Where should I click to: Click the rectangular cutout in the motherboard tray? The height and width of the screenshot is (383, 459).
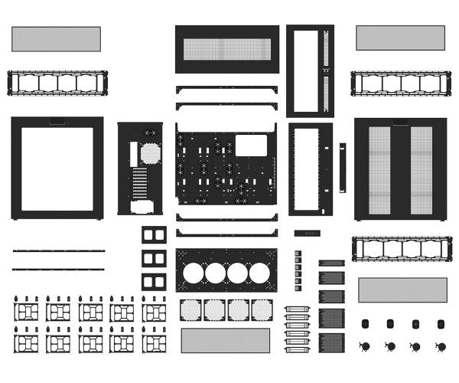(x=251, y=145)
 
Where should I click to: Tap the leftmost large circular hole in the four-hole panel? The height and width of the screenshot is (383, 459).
(x=194, y=272)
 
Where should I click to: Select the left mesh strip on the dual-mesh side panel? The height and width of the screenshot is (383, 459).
(x=379, y=169)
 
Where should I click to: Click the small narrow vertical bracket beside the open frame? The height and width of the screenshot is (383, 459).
(x=343, y=168)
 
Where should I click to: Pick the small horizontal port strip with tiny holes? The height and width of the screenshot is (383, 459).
(x=307, y=233)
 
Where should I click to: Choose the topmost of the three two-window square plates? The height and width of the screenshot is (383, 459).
(x=154, y=234)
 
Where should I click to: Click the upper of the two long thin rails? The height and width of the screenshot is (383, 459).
(x=58, y=250)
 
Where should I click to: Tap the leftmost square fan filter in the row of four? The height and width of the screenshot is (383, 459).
(x=190, y=309)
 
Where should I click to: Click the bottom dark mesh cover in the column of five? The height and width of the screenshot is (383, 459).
(x=331, y=342)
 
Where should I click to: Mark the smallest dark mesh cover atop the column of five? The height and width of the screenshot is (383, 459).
(x=331, y=263)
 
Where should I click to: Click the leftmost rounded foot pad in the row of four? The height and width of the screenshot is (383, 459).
(x=365, y=323)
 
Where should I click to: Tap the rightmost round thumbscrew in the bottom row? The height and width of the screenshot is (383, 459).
(x=441, y=346)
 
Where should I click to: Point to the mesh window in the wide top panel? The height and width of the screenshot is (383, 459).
(x=227, y=49)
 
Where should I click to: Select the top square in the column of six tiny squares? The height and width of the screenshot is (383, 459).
(x=298, y=254)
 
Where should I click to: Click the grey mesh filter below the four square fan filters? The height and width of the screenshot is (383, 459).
(x=226, y=341)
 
